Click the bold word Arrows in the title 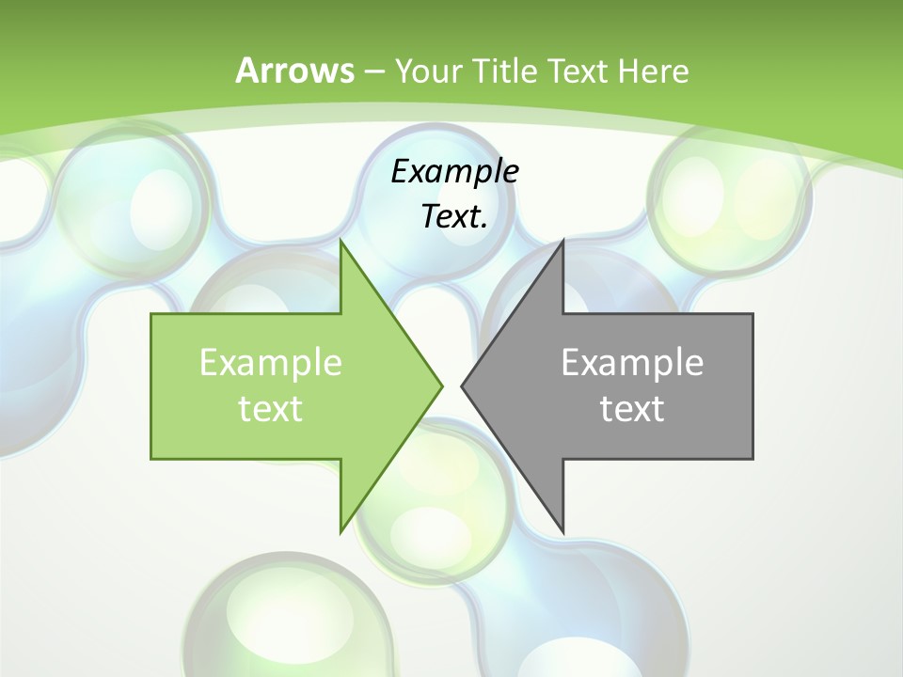[294, 71]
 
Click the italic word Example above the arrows [454, 171]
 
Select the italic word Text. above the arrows [454, 216]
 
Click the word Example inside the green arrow [270, 362]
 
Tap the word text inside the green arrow [270, 408]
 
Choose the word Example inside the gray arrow [632, 362]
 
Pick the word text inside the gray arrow [632, 408]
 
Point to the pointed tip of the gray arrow [463, 386]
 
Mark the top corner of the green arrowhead [341, 243]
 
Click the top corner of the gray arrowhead [562, 243]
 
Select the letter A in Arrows [246, 71]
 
